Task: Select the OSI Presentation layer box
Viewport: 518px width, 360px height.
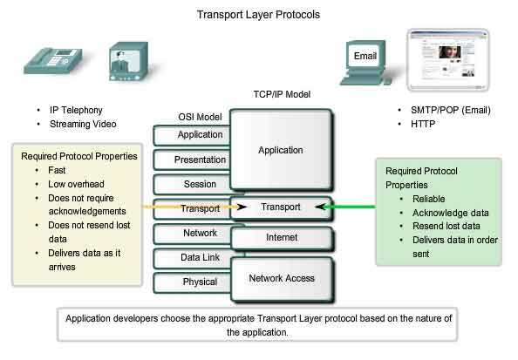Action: click(x=199, y=160)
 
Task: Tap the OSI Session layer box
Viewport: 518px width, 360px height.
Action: click(x=199, y=184)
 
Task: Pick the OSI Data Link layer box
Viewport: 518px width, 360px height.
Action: click(x=199, y=258)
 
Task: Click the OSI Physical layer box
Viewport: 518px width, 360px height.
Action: click(x=199, y=282)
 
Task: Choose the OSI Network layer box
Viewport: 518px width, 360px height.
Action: click(x=199, y=234)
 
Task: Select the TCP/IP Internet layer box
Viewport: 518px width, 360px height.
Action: click(x=280, y=237)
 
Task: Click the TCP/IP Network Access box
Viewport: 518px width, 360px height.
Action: click(x=280, y=278)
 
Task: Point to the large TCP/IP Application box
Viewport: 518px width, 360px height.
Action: click(x=280, y=150)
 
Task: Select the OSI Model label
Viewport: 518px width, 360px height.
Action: click(x=201, y=117)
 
